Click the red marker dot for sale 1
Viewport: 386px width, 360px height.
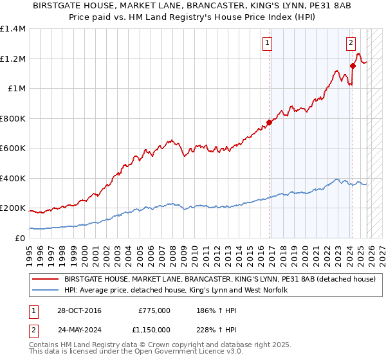pyautogui.click(x=269, y=122)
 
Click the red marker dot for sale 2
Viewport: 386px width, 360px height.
pyautogui.click(x=353, y=66)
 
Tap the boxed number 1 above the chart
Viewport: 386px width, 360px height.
pyautogui.click(x=267, y=44)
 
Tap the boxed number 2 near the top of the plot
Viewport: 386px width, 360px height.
pyautogui.click(x=351, y=44)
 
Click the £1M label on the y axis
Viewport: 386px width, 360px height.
pyautogui.click(x=17, y=89)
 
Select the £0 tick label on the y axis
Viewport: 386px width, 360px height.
pyautogui.click(x=21, y=239)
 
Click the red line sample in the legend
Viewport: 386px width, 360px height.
pyautogui.click(x=46, y=280)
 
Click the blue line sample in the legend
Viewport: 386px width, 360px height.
pyautogui.click(x=46, y=291)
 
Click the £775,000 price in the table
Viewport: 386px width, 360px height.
pyautogui.click(x=154, y=310)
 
